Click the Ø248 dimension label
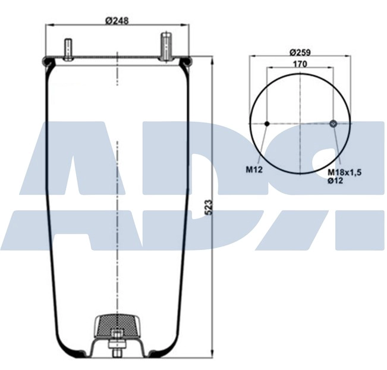click(x=117, y=20)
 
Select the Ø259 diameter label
click(x=301, y=52)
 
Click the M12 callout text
click(x=255, y=169)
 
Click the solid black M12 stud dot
click(x=267, y=124)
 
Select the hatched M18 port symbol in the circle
click(x=333, y=124)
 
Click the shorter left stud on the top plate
click(x=68, y=49)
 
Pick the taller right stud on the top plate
click(x=166, y=46)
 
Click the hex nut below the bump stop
click(x=118, y=344)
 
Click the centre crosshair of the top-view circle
click(x=301, y=124)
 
